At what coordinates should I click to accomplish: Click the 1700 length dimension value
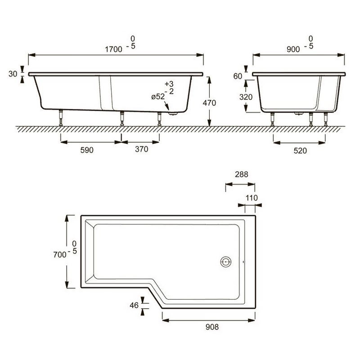[x=113, y=49]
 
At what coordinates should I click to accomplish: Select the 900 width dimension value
[x=293, y=49]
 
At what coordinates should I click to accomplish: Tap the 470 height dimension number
[x=209, y=103]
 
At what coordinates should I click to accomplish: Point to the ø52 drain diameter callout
[x=158, y=97]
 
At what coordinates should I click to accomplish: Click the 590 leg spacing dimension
[x=87, y=150]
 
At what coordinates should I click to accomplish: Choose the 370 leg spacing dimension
[x=141, y=149]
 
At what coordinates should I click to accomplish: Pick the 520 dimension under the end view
[x=300, y=151]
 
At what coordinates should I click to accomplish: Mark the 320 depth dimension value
[x=246, y=97]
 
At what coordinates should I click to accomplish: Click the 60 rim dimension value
[x=238, y=76]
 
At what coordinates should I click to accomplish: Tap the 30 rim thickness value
[x=13, y=74]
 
